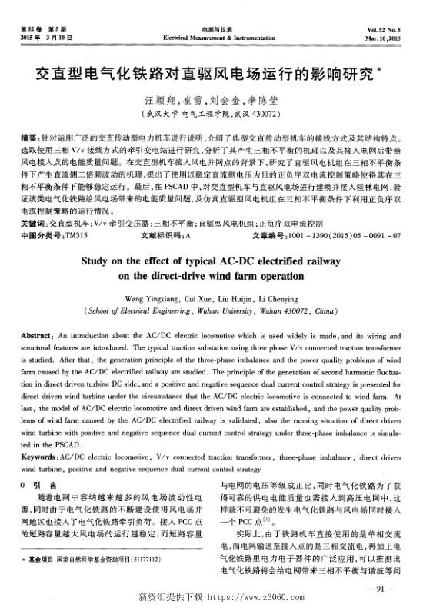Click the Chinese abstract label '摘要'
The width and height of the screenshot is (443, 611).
click(31, 135)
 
